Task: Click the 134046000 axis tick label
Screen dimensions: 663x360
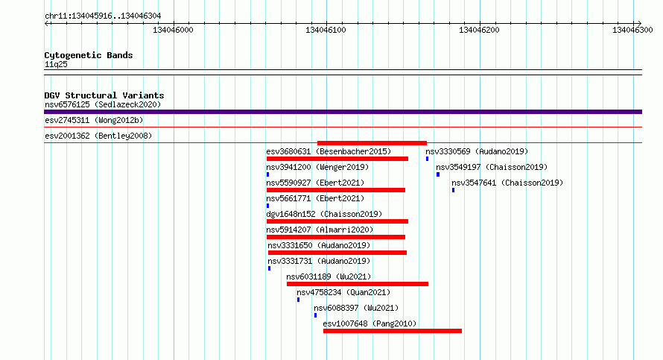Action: pyautogui.click(x=173, y=30)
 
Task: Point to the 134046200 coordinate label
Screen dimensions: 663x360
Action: pyautogui.click(x=479, y=30)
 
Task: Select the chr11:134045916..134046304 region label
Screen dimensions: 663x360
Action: pyautogui.click(x=103, y=16)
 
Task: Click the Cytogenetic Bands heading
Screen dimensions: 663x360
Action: pyautogui.click(x=89, y=55)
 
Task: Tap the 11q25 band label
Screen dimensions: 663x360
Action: pyautogui.click(x=56, y=65)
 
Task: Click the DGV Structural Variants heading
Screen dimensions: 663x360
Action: pyautogui.click(x=104, y=95)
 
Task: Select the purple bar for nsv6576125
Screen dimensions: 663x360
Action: pyautogui.click(x=343, y=112)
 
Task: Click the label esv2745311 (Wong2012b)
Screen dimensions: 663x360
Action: pyautogui.click(x=94, y=121)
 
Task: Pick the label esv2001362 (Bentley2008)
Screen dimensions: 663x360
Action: pyautogui.click(x=98, y=136)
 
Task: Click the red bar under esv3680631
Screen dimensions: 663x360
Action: pyautogui.click(x=337, y=159)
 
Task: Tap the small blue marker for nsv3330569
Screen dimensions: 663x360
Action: pyautogui.click(x=427, y=159)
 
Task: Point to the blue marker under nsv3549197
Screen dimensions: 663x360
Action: pyautogui.click(x=438, y=174)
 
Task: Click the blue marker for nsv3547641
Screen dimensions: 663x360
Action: pyautogui.click(x=453, y=190)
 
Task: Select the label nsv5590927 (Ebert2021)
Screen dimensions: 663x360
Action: pyautogui.click(x=315, y=183)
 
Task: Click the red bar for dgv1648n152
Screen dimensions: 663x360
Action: pyautogui.click(x=337, y=221)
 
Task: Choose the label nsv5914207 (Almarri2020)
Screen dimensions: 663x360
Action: pyautogui.click(x=320, y=230)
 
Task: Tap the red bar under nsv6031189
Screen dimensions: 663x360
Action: pyautogui.click(x=358, y=284)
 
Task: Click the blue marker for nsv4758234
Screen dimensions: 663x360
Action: pyautogui.click(x=298, y=300)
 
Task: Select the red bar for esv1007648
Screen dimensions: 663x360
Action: pyautogui.click(x=393, y=331)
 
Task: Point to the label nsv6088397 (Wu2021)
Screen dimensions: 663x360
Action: pyautogui.click(x=356, y=309)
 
